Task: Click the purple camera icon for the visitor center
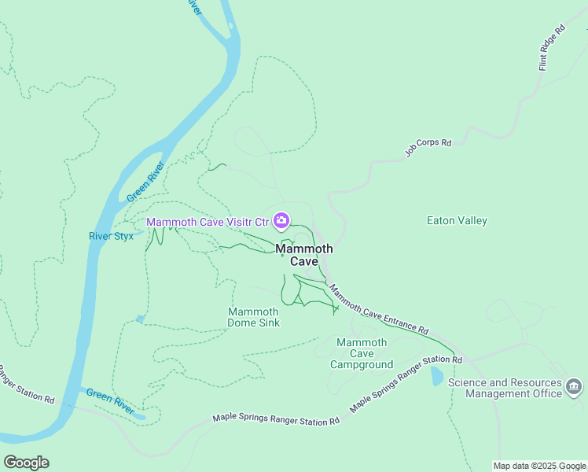point(281,221)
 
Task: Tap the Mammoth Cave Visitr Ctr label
point(208,222)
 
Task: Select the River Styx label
point(111,236)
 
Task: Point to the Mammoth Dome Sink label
point(253,317)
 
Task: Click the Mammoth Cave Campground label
point(361,353)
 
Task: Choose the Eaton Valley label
point(457,221)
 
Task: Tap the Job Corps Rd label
point(428,149)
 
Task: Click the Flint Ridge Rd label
point(552,48)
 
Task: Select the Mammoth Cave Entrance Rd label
point(378,309)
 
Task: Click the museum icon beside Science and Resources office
point(574,386)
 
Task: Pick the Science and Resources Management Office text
point(505,388)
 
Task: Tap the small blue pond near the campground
point(437,376)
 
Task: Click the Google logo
point(26,462)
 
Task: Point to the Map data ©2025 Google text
point(540,466)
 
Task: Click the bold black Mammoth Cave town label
point(304,255)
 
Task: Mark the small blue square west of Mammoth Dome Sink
point(140,319)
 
